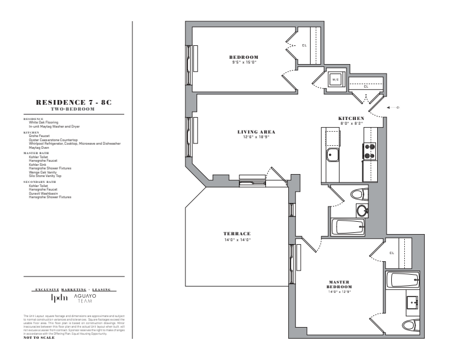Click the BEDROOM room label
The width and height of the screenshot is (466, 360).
[244, 57]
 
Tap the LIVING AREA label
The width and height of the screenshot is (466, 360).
[256, 131]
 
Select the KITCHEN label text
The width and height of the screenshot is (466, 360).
[351, 119]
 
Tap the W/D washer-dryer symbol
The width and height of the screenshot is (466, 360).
[334, 79]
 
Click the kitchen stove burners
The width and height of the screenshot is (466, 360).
[370, 152]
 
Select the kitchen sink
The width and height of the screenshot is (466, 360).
[332, 156]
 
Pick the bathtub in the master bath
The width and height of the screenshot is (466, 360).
[402, 280]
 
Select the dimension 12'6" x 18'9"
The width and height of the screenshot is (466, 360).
[256, 136]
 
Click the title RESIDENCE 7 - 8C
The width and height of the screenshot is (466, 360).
[73, 102]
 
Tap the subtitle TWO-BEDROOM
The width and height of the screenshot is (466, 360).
[73, 109]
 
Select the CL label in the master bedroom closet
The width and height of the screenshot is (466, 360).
[392, 254]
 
